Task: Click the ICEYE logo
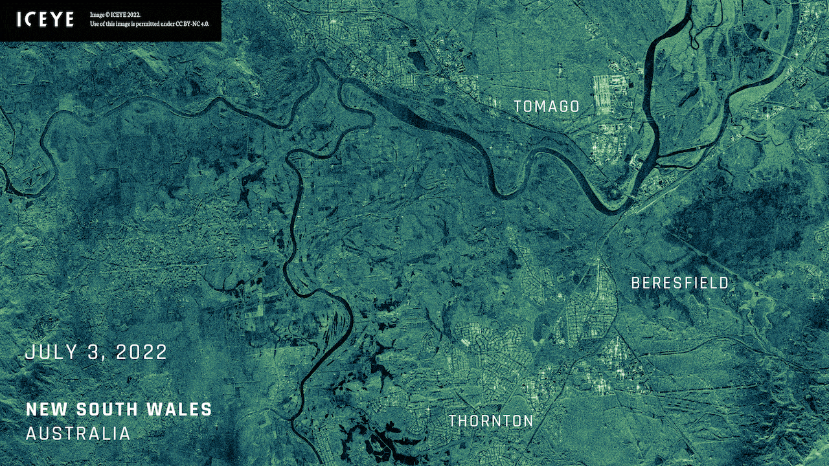(x=45, y=19)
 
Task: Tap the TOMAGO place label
(x=547, y=107)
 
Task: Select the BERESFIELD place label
(x=680, y=283)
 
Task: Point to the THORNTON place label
(x=491, y=421)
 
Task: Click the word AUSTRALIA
(x=78, y=433)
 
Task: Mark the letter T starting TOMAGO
(x=518, y=107)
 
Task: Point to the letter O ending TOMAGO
(x=574, y=107)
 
